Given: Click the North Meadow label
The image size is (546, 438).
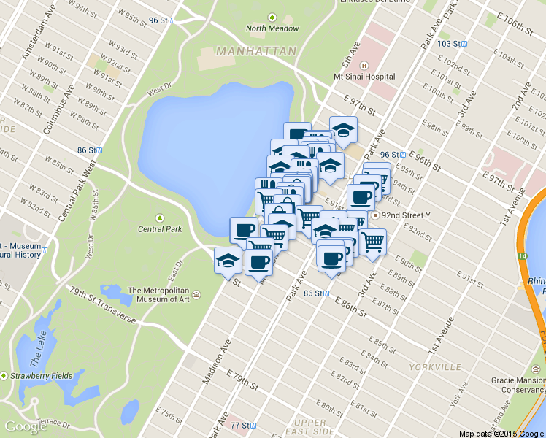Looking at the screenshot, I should point(272,28).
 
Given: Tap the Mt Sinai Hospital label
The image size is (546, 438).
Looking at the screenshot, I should point(364,77).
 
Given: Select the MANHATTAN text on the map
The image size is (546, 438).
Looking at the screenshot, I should point(256,52).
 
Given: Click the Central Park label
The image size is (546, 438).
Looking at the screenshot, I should point(160,229).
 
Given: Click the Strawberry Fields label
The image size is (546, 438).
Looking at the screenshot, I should point(41,376).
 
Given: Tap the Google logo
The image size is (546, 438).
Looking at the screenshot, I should point(26,426).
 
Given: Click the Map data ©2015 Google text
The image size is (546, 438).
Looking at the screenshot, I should point(501,433).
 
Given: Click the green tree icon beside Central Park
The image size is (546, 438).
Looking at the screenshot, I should point(160,218).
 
